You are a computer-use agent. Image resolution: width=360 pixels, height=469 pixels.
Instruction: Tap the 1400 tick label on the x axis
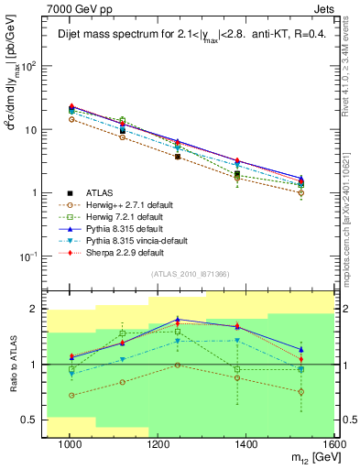click(x=246, y=445)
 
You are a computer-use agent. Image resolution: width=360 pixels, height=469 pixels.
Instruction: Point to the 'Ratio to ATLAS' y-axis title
click(x=12, y=365)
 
